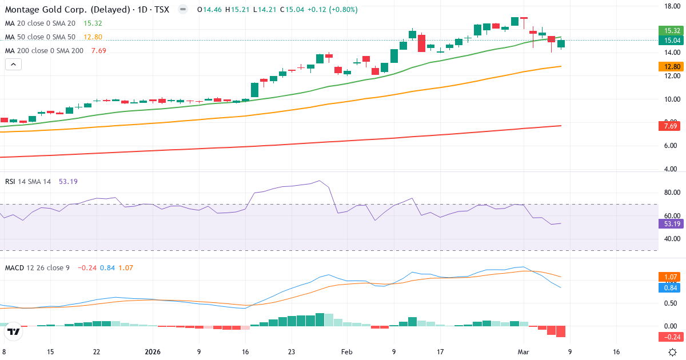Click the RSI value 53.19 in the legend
[x=67, y=182]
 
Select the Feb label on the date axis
[x=346, y=352]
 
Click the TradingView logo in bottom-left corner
[x=14, y=331]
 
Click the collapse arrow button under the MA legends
[x=13, y=65]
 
